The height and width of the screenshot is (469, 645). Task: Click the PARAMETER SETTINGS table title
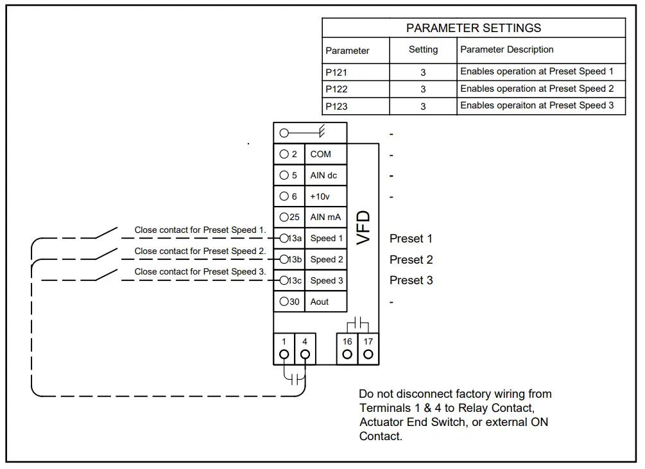tap(474, 28)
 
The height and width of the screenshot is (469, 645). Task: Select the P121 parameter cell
tap(336, 72)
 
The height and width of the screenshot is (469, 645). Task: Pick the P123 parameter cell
tap(336, 107)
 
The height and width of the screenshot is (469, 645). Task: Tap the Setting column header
tap(423, 49)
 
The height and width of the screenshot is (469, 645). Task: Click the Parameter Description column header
tap(506, 49)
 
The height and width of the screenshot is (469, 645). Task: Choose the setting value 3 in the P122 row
tap(423, 89)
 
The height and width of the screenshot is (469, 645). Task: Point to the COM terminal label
tap(320, 154)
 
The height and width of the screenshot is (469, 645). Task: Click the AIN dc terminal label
tap(323, 175)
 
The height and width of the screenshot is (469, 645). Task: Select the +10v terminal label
tap(320, 196)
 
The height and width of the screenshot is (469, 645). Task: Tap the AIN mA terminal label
tap(325, 217)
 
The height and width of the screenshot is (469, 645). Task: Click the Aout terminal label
tap(320, 302)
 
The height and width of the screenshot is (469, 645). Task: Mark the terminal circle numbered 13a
tap(284, 238)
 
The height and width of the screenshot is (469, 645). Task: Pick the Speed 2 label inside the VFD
tap(327, 259)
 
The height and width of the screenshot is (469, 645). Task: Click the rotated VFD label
tap(364, 228)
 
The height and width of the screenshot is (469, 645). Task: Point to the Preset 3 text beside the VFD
tap(411, 280)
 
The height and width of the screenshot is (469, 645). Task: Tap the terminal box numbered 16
tap(347, 348)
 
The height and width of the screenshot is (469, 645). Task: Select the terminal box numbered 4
tap(305, 348)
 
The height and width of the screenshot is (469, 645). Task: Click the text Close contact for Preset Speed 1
tap(200, 230)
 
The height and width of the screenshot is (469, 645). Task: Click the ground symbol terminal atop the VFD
tap(309, 133)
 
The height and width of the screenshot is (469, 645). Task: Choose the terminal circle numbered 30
tap(284, 302)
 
